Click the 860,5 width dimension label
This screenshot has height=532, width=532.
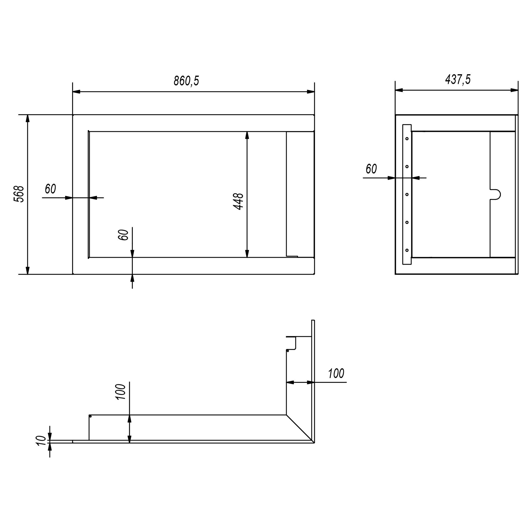186,81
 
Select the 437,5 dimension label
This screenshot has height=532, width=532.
458,79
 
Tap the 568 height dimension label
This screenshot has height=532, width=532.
19,194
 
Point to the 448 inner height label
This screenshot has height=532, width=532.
238,202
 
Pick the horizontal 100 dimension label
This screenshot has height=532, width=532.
336,373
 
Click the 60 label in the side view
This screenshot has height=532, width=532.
371,169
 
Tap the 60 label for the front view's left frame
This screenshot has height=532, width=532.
50,189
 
